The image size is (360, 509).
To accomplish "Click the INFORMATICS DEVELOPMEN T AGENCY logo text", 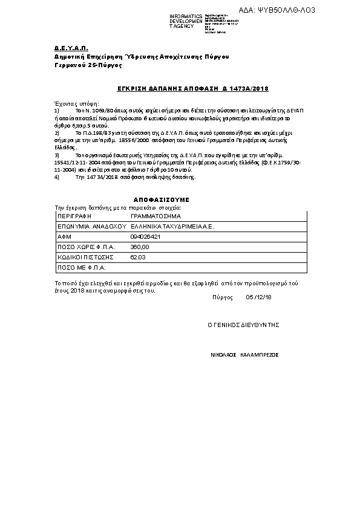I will [186, 21].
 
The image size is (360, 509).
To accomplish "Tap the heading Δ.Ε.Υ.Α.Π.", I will [63, 47].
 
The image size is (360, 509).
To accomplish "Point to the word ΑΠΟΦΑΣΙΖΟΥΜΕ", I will [162, 199].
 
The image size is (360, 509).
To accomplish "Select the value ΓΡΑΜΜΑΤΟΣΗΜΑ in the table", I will [155, 215].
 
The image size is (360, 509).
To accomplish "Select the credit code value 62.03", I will [138, 257].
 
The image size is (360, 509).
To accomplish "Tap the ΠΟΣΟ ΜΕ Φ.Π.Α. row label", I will [81, 267].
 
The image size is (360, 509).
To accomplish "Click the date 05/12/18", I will [259, 297].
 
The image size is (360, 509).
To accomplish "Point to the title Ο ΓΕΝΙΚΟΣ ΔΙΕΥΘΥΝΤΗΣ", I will [243, 325].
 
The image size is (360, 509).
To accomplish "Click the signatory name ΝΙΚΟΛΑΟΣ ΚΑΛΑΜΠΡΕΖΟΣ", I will [245, 355].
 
